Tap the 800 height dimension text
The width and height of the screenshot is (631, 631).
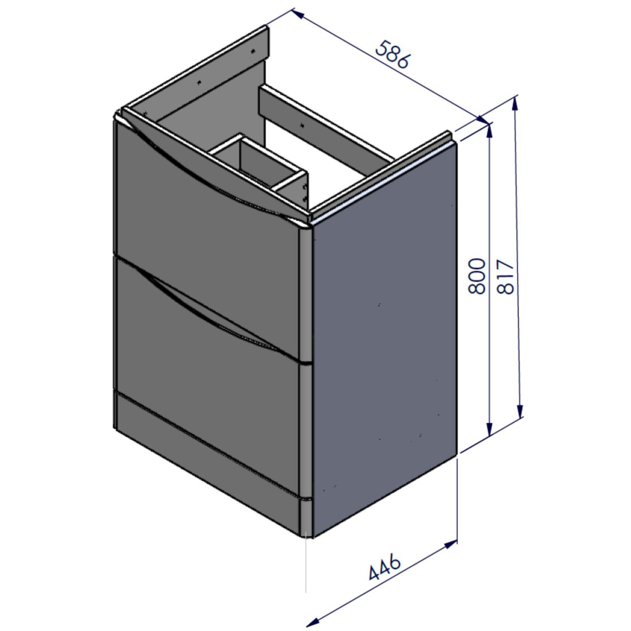tap(476, 276)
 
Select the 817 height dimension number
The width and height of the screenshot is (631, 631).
tap(505, 277)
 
